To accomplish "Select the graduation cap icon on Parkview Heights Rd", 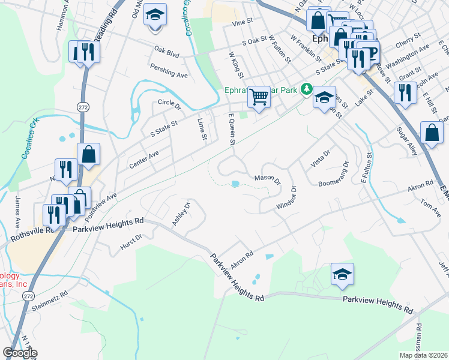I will [x=342, y=274].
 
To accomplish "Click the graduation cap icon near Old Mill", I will [x=155, y=15].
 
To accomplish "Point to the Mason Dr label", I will [x=267, y=179].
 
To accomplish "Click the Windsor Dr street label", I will [x=287, y=197].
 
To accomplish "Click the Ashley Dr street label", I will [x=181, y=214].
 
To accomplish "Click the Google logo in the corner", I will [x=20, y=353].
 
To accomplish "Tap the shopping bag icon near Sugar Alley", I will [x=432, y=134].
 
